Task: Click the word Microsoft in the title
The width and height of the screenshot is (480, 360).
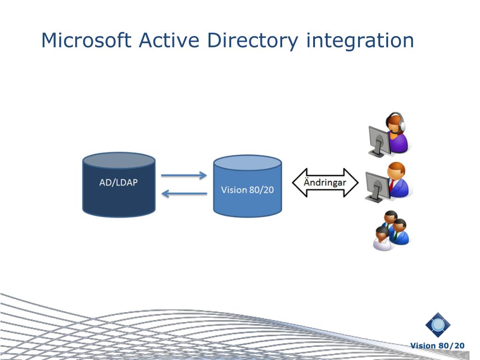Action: point(86,40)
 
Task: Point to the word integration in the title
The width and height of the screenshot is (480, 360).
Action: point(360,41)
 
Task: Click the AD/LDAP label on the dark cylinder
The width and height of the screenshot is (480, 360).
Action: point(119,182)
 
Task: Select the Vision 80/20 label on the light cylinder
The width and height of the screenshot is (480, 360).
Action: point(247,190)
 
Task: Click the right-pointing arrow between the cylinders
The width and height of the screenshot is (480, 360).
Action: point(184,176)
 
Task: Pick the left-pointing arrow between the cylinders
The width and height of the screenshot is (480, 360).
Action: point(184,193)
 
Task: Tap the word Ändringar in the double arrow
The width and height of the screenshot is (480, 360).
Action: point(325,182)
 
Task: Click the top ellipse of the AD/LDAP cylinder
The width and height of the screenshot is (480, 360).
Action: point(119,160)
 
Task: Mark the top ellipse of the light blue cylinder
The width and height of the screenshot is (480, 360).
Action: point(247,163)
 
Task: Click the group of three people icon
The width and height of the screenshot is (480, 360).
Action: point(391,231)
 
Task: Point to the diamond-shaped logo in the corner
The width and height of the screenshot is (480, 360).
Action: point(438,325)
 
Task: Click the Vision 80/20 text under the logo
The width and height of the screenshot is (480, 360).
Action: point(437,346)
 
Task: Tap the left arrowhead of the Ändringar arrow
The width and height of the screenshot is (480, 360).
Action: point(298,182)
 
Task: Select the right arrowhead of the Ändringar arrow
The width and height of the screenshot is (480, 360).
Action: point(352,182)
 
